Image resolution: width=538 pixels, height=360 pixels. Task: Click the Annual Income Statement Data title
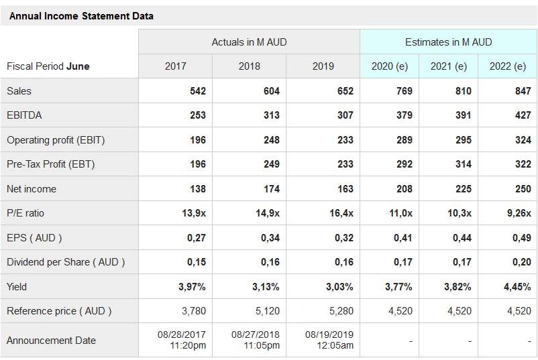point(81,16)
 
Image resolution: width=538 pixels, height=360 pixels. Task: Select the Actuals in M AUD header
point(249,42)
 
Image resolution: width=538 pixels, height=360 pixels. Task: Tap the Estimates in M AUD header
point(448,42)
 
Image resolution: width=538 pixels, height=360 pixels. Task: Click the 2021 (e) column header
point(448,66)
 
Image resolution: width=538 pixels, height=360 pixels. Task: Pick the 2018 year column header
point(249,66)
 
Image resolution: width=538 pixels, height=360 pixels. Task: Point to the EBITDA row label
point(24,115)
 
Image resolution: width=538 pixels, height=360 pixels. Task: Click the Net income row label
point(32,189)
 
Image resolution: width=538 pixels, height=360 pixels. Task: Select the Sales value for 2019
point(345,91)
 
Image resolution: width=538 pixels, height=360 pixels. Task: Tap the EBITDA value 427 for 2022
point(523,115)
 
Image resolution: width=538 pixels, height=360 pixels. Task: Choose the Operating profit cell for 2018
point(271,140)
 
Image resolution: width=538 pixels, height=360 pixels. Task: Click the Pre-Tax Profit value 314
point(463,164)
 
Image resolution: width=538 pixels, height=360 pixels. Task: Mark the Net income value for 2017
point(197,189)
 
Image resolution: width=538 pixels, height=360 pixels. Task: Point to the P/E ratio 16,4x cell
point(341,213)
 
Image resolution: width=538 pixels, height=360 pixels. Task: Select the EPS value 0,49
point(521,238)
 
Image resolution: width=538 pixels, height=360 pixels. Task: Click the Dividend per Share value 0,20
point(521,262)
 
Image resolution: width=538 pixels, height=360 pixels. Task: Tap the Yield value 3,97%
point(192,287)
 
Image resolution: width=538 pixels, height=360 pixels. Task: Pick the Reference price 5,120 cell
point(268,311)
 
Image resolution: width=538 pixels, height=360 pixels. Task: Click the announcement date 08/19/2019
point(329,335)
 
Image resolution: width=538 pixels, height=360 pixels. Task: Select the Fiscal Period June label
point(48,66)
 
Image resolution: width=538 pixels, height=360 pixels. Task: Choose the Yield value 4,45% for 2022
point(517,287)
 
